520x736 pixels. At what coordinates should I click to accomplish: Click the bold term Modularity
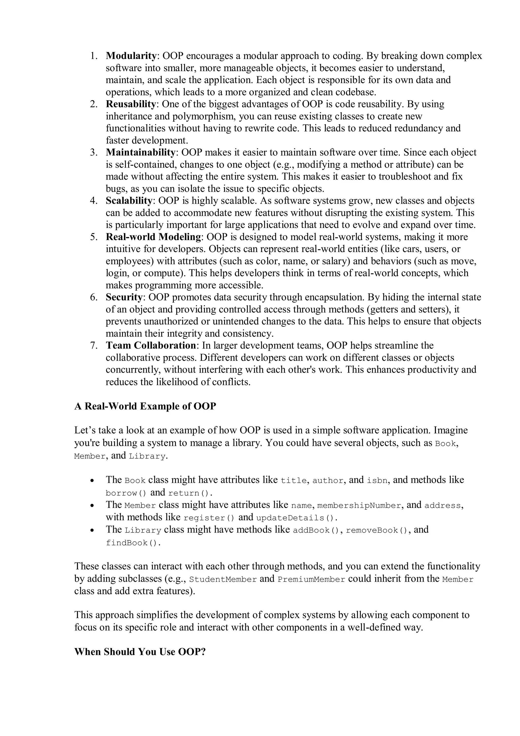(x=131, y=56)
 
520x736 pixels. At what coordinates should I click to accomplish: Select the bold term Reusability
(x=131, y=104)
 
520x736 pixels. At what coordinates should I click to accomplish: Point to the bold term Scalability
(x=128, y=201)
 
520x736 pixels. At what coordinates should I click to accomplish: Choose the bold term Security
(x=124, y=297)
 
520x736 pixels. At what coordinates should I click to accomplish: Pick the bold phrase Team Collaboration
(x=151, y=346)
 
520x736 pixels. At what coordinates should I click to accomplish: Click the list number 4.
(x=93, y=201)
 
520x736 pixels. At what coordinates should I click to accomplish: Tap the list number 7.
(x=93, y=346)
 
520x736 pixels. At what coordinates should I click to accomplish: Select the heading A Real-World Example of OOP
(x=145, y=406)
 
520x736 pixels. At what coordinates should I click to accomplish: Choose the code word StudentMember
(x=223, y=580)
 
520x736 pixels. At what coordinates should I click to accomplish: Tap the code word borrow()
(x=126, y=493)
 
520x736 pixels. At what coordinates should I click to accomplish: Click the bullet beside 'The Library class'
(x=92, y=530)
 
